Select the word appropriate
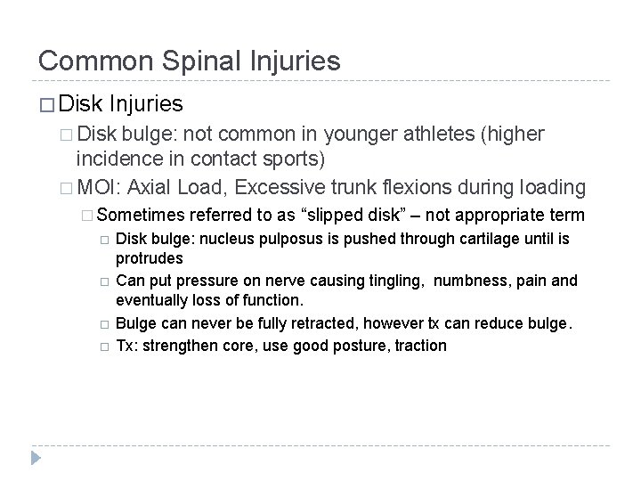click(511, 215)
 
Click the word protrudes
click(150, 257)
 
